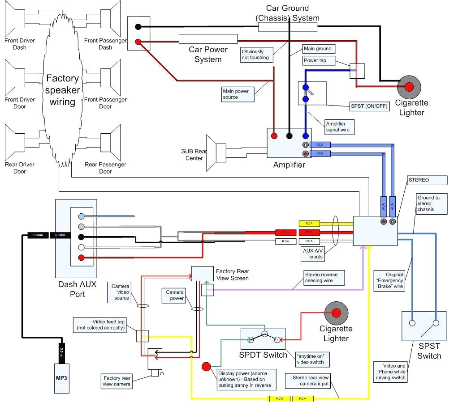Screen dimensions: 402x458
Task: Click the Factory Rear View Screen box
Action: pos(202,274)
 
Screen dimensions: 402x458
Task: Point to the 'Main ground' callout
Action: pos(318,49)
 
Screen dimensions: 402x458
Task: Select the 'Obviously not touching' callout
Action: pos(256,55)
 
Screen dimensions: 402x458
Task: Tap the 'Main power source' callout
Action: pos(238,94)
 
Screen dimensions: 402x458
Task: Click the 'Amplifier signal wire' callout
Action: pos(339,127)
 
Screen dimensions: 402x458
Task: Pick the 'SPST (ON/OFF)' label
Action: pos(370,107)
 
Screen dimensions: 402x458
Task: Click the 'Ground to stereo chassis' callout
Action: pos(432,203)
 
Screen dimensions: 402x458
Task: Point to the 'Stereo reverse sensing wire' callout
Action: pos(324,277)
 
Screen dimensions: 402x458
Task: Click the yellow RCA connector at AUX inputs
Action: pos(309,224)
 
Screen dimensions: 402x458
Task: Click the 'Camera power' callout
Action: pos(175,296)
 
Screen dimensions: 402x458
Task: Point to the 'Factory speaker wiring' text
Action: pos(62,90)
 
